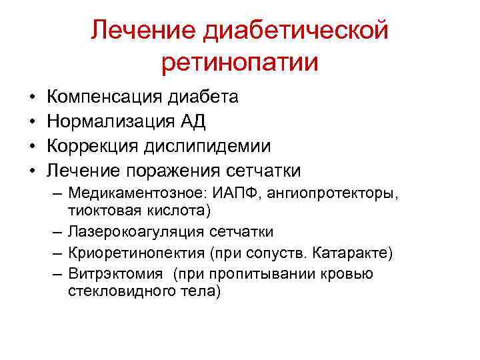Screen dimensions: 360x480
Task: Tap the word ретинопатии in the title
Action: [x=240, y=62]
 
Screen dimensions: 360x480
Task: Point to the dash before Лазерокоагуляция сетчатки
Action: [x=55, y=232]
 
